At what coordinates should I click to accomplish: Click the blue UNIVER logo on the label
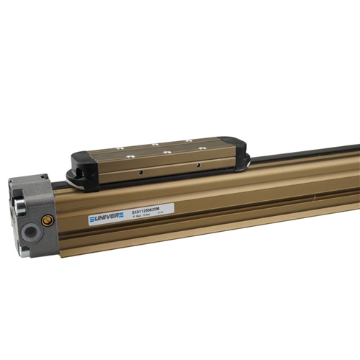pos(106,217)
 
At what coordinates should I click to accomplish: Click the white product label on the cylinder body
pos(131,214)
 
